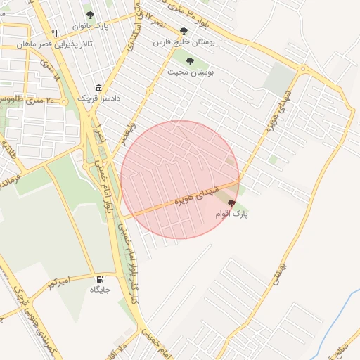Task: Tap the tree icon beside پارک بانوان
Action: (x=89, y=15)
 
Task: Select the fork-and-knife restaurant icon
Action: (x=54, y=33)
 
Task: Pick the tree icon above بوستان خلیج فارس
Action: (x=184, y=31)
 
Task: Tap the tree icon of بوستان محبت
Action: (x=190, y=61)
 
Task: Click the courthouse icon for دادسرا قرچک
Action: (x=98, y=88)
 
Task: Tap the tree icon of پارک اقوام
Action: (x=232, y=202)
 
